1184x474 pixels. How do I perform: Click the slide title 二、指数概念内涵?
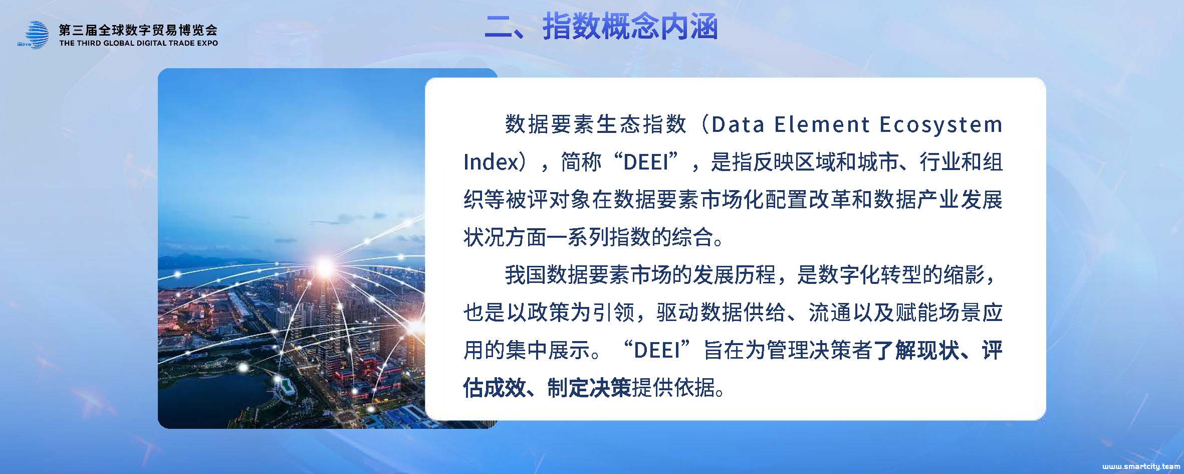601,27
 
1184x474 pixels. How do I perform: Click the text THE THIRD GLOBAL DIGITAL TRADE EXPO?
139,43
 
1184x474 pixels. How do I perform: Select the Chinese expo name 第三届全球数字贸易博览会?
138,30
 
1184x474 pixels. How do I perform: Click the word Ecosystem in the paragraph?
941,124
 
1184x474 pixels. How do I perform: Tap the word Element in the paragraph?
822,124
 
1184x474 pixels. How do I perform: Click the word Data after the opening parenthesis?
738,124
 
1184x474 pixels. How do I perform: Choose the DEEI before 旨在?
657,350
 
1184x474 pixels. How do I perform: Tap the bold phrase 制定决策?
589,388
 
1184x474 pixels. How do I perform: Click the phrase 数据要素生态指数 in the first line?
596,124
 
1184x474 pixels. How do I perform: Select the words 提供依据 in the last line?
673,388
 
